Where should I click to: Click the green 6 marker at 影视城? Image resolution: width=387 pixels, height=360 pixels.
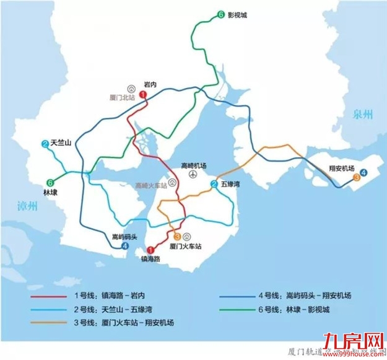[x=220, y=15]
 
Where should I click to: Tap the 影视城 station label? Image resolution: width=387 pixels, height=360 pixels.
[x=238, y=15]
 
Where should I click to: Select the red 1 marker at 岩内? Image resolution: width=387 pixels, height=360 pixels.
[x=142, y=94]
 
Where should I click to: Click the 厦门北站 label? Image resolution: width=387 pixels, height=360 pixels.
[x=121, y=97]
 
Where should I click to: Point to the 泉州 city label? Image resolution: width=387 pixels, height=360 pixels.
[x=365, y=114]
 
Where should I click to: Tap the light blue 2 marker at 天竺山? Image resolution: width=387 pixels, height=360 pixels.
[x=45, y=144]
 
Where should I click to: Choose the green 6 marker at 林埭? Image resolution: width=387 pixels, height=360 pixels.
[x=49, y=182]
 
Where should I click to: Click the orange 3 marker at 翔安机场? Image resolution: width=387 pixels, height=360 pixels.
[x=356, y=178]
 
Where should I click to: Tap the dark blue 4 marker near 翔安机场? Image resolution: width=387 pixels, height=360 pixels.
[x=363, y=173]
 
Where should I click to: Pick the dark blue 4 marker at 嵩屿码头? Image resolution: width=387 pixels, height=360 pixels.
[x=125, y=246]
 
